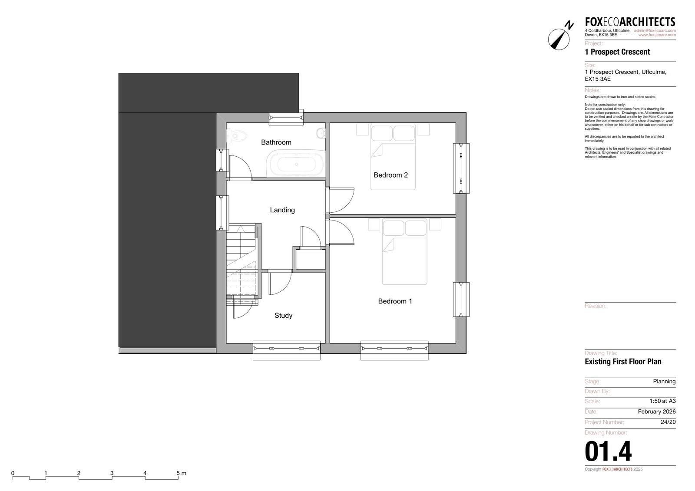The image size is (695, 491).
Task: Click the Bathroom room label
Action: tap(276, 142)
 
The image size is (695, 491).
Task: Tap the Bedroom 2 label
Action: tap(391, 175)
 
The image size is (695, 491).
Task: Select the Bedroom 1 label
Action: tap(395, 301)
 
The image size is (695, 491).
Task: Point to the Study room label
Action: tap(283, 316)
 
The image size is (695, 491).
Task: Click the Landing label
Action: tap(282, 210)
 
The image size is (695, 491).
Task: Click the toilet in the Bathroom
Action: tap(237, 135)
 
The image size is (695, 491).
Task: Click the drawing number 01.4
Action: tap(608, 451)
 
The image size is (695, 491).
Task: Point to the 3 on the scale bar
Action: tap(112, 473)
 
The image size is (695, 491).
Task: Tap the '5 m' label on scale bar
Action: tap(181, 473)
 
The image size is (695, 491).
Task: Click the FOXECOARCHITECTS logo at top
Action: tap(630, 22)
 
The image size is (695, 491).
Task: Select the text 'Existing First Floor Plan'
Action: tap(623, 362)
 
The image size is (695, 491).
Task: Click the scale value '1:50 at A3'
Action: tap(662, 401)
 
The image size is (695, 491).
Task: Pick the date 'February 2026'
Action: tap(656, 412)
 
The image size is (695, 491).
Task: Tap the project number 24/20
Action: tap(668, 422)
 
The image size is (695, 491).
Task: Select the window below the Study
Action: tap(286, 350)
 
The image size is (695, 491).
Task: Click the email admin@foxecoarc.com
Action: tap(655, 31)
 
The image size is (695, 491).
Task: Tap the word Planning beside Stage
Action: tap(664, 381)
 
